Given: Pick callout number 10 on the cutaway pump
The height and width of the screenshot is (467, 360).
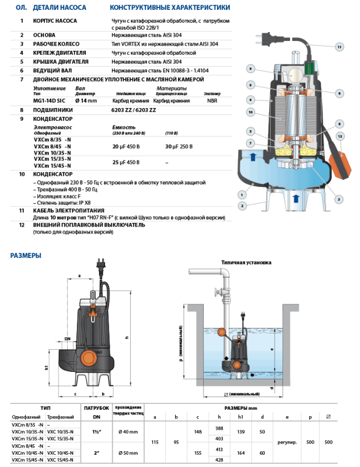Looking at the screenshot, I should pyautogui.click(x=249, y=111).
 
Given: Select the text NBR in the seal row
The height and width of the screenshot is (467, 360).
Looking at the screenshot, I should pyautogui.click(x=211, y=100).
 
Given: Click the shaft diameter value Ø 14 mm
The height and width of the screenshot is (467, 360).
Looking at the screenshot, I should pyautogui.click(x=86, y=100).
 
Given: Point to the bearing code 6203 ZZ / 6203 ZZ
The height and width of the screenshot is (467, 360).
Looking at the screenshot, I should pyautogui.click(x=132, y=109).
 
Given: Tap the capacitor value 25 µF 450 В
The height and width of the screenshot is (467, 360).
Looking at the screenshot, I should pyautogui.click(x=125, y=160).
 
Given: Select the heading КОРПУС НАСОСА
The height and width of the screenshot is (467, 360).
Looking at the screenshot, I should pyautogui.click(x=57, y=20).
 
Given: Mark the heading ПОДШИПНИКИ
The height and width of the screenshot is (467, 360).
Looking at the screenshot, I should pyautogui.click(x=53, y=109).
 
